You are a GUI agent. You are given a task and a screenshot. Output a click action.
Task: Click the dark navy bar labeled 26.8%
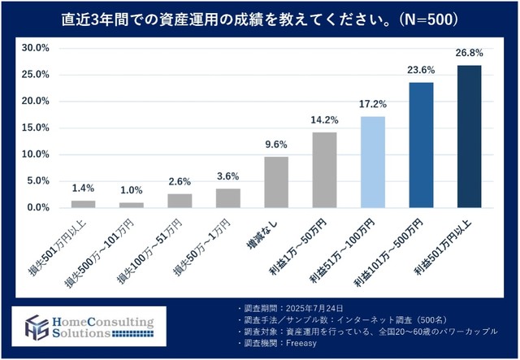tap(469, 137)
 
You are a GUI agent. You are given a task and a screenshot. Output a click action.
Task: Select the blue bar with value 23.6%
tap(421, 145)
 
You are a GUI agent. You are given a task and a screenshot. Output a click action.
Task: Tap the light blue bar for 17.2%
tap(372, 162)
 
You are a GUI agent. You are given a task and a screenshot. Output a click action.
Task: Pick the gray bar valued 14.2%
tap(324, 170)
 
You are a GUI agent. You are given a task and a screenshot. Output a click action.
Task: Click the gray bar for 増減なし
tap(276, 182)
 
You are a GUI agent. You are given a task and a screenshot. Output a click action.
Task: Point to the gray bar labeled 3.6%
tap(227, 198)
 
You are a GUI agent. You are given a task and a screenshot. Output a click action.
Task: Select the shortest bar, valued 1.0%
tap(132, 205)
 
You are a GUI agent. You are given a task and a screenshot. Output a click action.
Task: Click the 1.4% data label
tap(84, 187)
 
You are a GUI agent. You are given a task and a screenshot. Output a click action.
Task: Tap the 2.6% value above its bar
tap(180, 180)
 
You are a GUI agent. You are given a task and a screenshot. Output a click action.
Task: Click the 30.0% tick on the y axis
tap(35, 49)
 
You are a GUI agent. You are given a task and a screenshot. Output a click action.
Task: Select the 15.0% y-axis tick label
tap(35, 128)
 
